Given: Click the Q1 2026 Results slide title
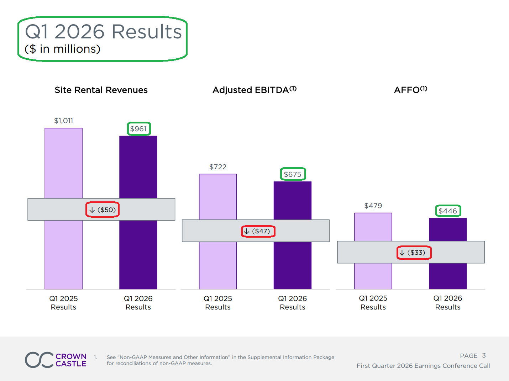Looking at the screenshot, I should [x=103, y=32].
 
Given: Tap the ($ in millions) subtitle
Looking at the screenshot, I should [x=63, y=49].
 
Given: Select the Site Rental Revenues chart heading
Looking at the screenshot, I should [x=101, y=90].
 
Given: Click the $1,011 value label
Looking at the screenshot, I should [x=63, y=121].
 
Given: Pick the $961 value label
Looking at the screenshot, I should [x=138, y=129].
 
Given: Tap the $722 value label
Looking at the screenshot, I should [x=218, y=167].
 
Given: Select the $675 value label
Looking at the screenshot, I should [x=293, y=174].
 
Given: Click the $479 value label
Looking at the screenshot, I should [x=373, y=206].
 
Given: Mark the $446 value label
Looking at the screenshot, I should [x=448, y=211].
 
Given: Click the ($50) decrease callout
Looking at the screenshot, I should [x=103, y=210].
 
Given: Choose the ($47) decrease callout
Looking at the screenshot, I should [x=258, y=231].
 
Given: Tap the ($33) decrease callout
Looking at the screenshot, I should [x=414, y=253].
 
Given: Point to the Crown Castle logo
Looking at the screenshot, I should [x=56, y=360].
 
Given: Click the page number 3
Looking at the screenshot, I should [x=484, y=355].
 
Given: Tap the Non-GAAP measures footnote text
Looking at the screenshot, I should [x=220, y=360].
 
